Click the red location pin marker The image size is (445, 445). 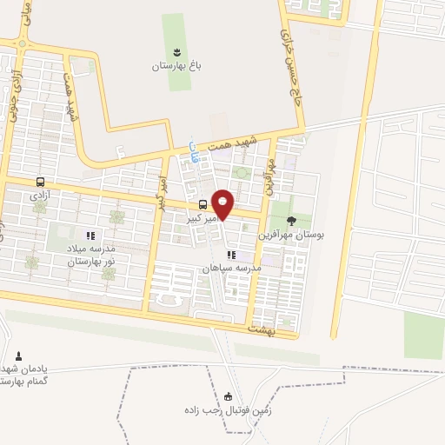click(x=223, y=204)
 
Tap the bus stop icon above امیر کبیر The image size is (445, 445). click(x=203, y=204)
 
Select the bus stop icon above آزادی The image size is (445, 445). click(x=40, y=183)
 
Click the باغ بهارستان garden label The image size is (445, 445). click(x=176, y=66)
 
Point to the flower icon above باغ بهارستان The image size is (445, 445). click(x=177, y=52)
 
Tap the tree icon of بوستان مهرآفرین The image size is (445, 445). click(x=291, y=220)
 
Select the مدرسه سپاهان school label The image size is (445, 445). click(x=231, y=269)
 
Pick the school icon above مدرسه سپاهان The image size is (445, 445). click(x=231, y=255)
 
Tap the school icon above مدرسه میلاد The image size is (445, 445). click(x=89, y=235)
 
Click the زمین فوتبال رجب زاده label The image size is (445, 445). click(x=228, y=408)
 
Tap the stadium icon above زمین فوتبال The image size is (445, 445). click(x=229, y=395)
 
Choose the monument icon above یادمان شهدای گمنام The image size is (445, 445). click(x=19, y=355)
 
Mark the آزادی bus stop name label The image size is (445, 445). click(x=40, y=196)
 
